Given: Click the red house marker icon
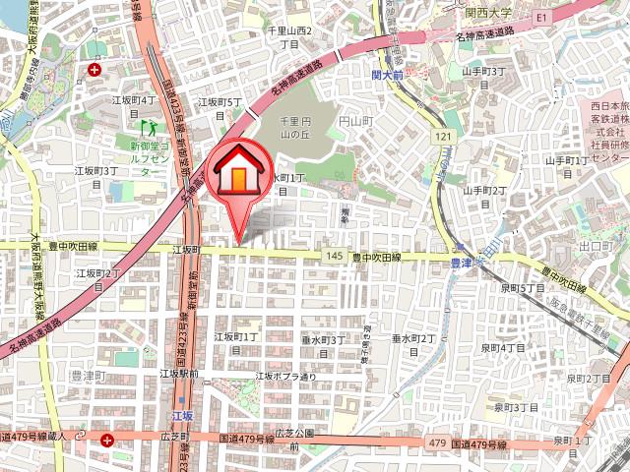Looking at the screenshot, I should (x=239, y=173).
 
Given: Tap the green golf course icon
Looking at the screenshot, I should (x=150, y=127).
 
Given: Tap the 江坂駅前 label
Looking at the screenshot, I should (x=179, y=374).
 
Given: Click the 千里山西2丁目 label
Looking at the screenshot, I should (x=289, y=38).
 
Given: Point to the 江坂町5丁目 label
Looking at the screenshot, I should (x=220, y=107).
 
